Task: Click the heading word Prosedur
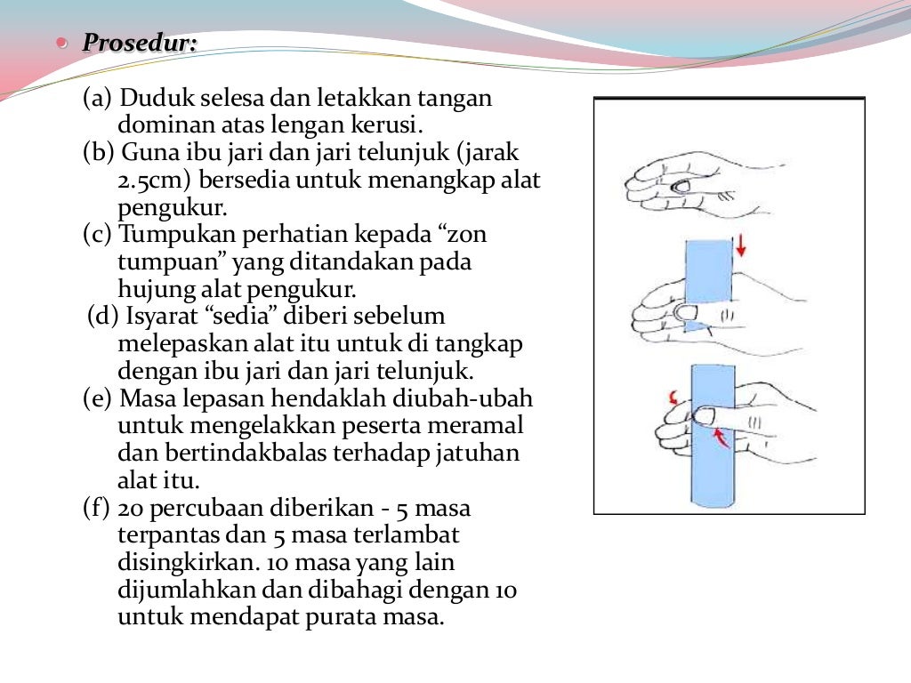pos(139,43)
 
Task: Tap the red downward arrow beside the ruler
pos(741,245)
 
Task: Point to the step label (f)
pos(97,510)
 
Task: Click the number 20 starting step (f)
pos(131,510)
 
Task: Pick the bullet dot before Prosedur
pos(61,42)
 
